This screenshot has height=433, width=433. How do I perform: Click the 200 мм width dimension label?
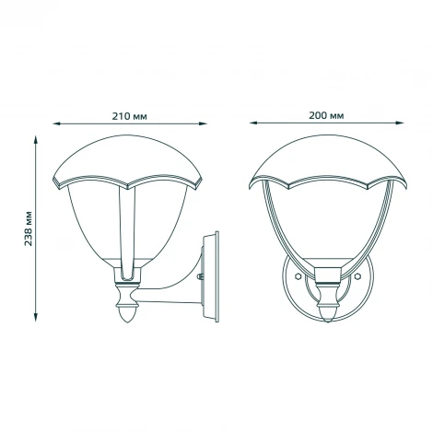click(x=326, y=116)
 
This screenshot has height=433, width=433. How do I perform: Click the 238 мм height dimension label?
click(x=29, y=228)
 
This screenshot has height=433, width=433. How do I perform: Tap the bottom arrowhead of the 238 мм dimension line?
click(x=37, y=325)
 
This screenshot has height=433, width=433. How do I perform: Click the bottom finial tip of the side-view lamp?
click(x=126, y=323)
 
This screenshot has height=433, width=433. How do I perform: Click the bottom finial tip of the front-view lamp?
click(x=325, y=323)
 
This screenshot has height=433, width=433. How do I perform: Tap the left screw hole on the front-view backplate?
click(x=297, y=275)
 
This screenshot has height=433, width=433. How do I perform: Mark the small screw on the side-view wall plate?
click(x=201, y=275)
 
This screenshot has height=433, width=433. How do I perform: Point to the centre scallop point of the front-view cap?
click(x=326, y=191)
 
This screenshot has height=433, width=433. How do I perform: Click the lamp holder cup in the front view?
click(x=325, y=275)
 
